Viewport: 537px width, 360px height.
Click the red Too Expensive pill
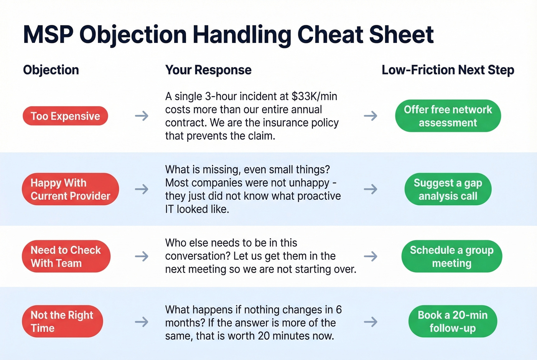65,116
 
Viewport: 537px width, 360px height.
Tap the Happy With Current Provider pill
70,189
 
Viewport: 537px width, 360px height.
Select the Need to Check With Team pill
66,256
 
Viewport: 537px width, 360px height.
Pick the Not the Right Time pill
62,321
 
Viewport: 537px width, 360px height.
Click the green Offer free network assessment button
448,116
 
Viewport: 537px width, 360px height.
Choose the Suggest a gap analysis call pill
448,189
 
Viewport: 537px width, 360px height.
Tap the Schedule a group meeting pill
451,256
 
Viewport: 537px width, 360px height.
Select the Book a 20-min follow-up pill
453,321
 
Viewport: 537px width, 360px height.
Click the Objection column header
51,70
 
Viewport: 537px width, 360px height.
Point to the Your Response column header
208,70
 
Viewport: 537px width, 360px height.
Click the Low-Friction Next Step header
448,70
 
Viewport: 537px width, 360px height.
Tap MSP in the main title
48,35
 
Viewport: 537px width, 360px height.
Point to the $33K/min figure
314,96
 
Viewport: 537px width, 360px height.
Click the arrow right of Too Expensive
142,116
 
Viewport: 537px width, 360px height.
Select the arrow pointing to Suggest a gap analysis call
370,189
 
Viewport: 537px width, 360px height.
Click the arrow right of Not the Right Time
142,322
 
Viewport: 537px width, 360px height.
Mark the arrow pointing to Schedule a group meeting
370,256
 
